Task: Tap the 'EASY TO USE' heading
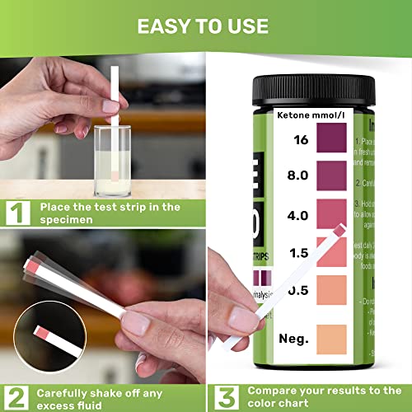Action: pyautogui.click(x=206, y=25)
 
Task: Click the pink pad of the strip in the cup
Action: pyautogui.click(x=114, y=171)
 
